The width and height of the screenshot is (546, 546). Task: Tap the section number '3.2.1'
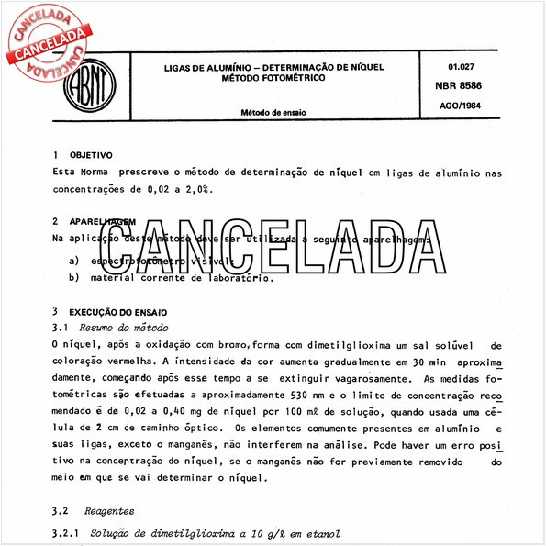tap(69, 533)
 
